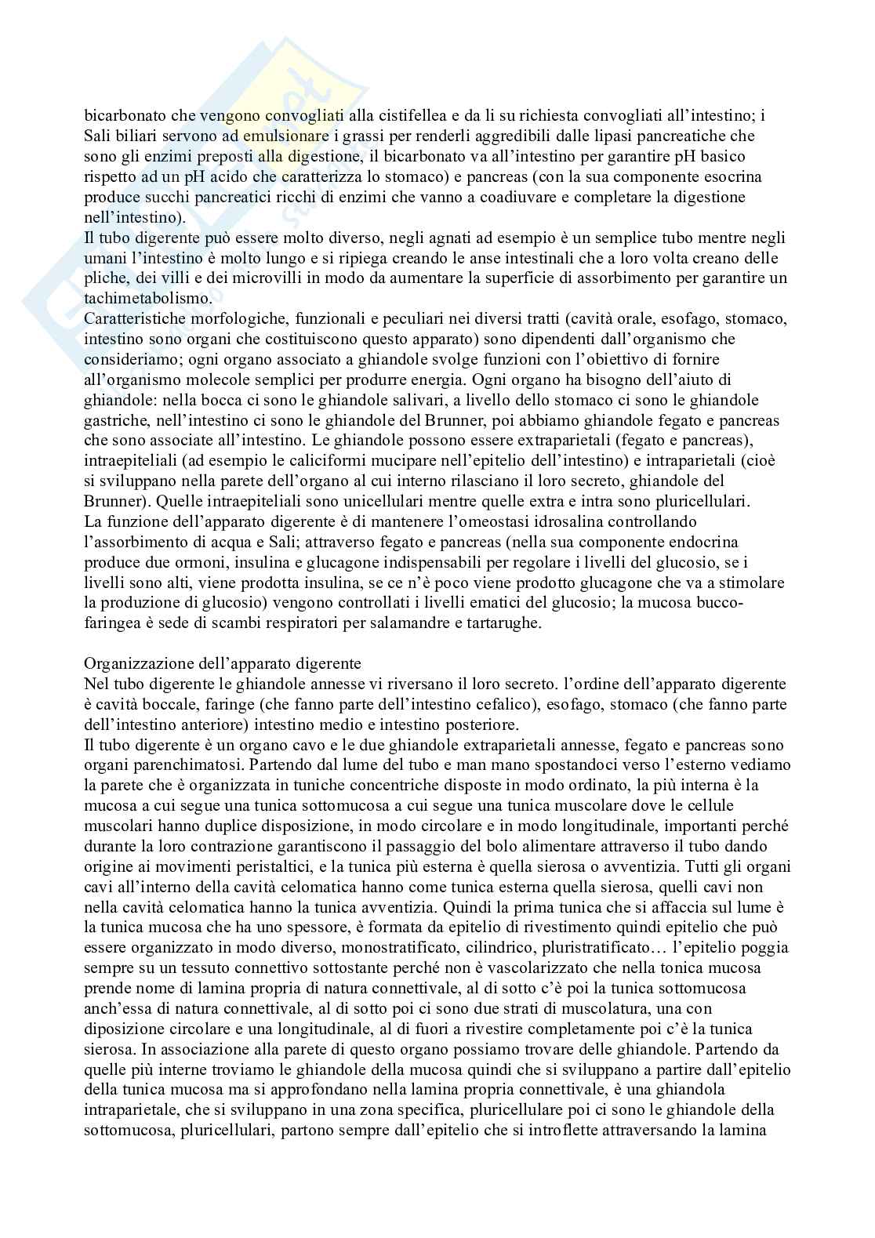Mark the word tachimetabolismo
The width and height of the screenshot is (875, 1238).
point(147,299)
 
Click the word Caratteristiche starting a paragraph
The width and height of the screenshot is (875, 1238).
point(136,319)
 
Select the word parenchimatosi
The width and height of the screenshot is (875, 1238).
point(180,765)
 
